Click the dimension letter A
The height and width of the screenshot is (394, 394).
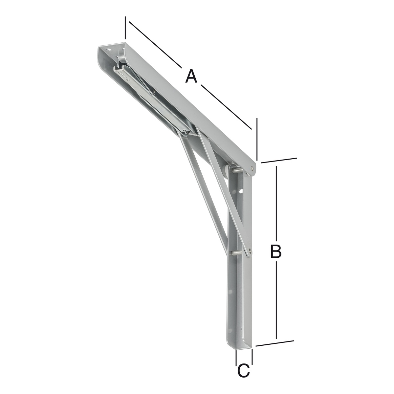click(191, 76)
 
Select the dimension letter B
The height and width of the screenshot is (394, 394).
click(276, 251)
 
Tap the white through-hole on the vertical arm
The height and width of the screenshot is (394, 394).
click(241, 192)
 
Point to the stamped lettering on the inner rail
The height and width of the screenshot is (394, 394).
click(124, 77)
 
